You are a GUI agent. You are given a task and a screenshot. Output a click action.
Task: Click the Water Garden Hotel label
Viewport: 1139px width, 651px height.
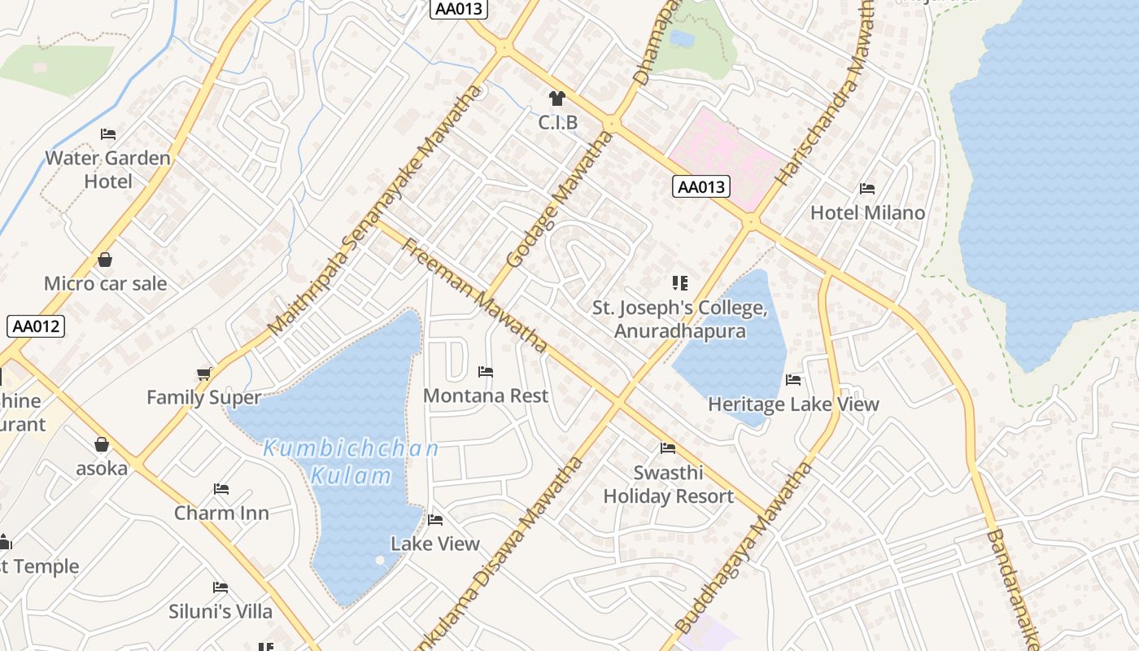107,169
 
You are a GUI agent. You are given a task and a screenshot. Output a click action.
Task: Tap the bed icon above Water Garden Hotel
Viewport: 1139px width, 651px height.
108,134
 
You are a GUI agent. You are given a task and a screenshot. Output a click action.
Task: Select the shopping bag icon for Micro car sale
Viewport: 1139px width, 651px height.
105,260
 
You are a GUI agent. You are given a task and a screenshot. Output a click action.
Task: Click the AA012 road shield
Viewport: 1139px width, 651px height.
36,326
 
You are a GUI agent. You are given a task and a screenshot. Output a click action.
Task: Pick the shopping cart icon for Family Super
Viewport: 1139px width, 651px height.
203,374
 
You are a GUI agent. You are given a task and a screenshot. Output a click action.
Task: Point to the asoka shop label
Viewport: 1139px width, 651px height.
102,469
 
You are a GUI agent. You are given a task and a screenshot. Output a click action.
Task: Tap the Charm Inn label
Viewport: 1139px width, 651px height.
221,513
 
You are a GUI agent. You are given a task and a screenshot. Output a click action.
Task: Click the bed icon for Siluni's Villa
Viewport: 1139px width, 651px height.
220,588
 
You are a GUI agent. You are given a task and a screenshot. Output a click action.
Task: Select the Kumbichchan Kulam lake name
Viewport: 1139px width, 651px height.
351,461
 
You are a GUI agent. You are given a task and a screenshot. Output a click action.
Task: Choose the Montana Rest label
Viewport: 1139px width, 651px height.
486,395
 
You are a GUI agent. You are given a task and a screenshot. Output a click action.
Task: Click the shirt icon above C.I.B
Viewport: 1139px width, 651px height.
557,99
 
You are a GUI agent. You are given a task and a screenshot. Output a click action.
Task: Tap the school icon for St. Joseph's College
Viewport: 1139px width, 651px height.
680,283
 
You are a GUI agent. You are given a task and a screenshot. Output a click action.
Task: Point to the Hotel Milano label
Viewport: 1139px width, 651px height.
867,212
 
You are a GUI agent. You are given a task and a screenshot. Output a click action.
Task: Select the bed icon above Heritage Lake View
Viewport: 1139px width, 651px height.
793,380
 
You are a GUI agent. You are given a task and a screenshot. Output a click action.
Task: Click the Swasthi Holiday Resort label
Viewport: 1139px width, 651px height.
668,484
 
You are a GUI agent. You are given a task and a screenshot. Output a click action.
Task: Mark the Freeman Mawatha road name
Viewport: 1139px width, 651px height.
475,295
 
